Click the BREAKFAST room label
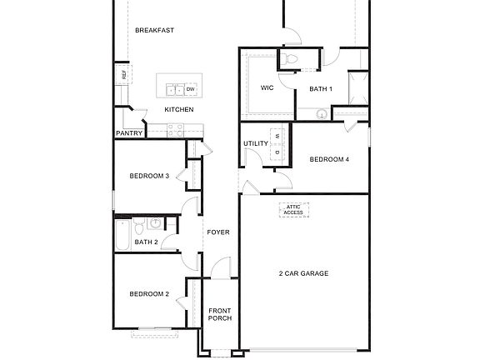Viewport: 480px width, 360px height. point(154,31)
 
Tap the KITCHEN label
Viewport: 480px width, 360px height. point(179,110)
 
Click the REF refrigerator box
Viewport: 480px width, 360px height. point(123,75)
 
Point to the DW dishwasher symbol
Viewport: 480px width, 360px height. point(191,89)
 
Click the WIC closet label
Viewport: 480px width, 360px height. point(267,88)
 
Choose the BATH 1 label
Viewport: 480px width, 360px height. point(321,89)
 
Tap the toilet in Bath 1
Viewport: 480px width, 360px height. point(289,58)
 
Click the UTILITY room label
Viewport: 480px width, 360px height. point(256,143)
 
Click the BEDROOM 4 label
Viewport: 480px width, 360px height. point(329,159)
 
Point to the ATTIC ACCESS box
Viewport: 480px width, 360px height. point(293,210)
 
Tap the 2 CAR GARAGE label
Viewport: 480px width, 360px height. point(303,273)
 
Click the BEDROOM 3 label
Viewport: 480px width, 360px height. point(149,176)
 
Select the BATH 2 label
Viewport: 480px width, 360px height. point(146,242)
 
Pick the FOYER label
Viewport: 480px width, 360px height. point(218,232)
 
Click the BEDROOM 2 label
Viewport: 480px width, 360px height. point(149,293)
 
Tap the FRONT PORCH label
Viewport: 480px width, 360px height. point(220,314)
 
